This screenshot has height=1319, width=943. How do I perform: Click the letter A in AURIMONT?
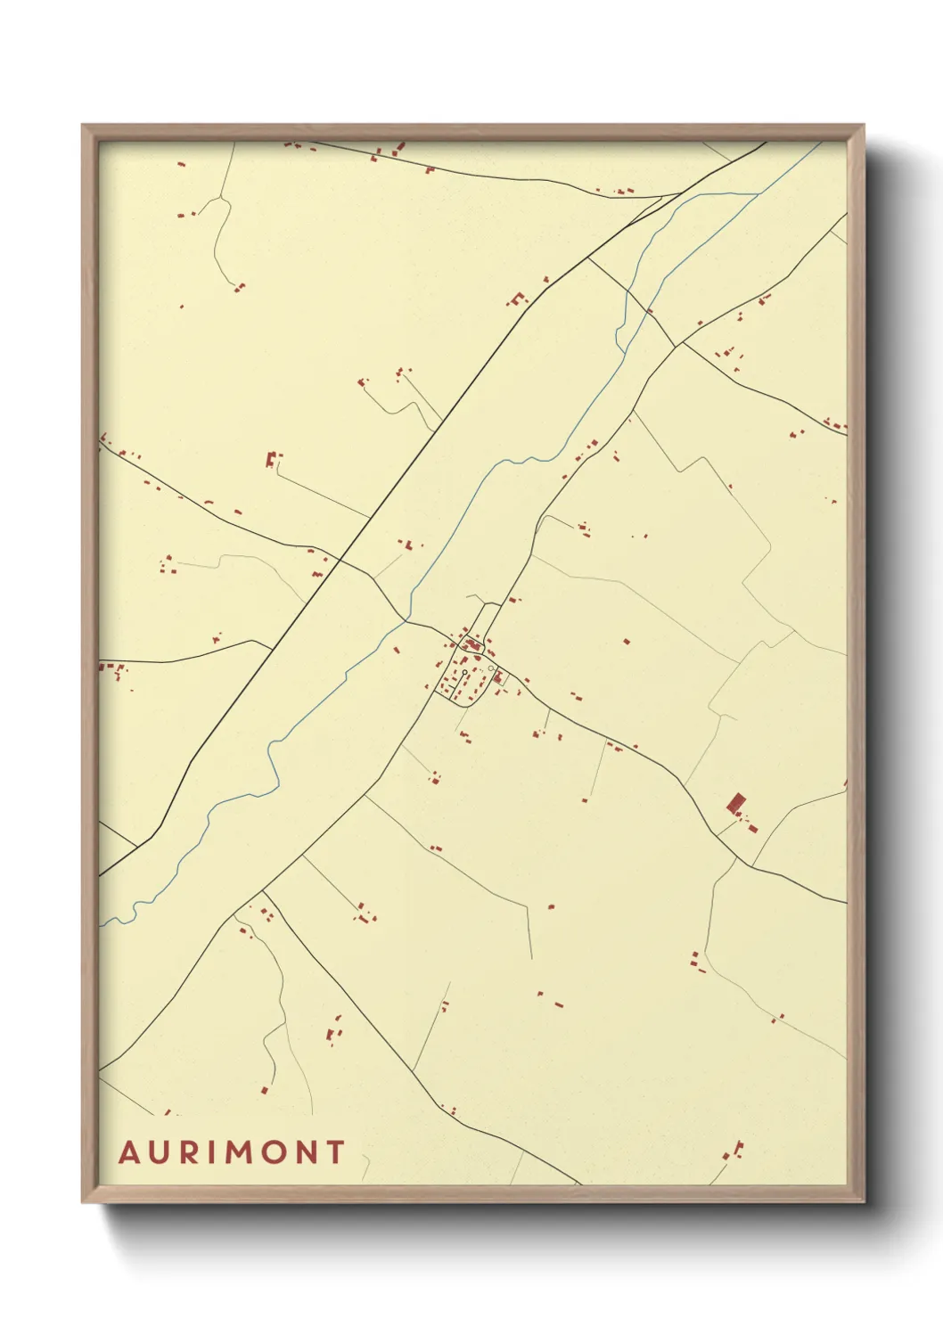pos(129,1152)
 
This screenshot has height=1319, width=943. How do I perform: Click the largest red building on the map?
pos(735,803)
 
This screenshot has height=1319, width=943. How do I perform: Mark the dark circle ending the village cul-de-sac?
pos(465,672)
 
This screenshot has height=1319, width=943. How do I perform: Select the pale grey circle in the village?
pos(491,668)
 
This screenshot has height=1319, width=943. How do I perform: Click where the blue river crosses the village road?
pos(406,618)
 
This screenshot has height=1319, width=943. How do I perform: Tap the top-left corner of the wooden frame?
pos(83,126)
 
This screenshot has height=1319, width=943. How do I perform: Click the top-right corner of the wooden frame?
pos(863,126)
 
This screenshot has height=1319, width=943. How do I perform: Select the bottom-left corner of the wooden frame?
pos(83,1201)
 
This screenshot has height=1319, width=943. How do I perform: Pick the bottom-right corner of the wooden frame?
pos(863,1201)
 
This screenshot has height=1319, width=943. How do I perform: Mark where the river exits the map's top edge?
pos(821,143)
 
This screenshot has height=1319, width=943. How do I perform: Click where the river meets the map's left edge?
pos(100,924)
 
